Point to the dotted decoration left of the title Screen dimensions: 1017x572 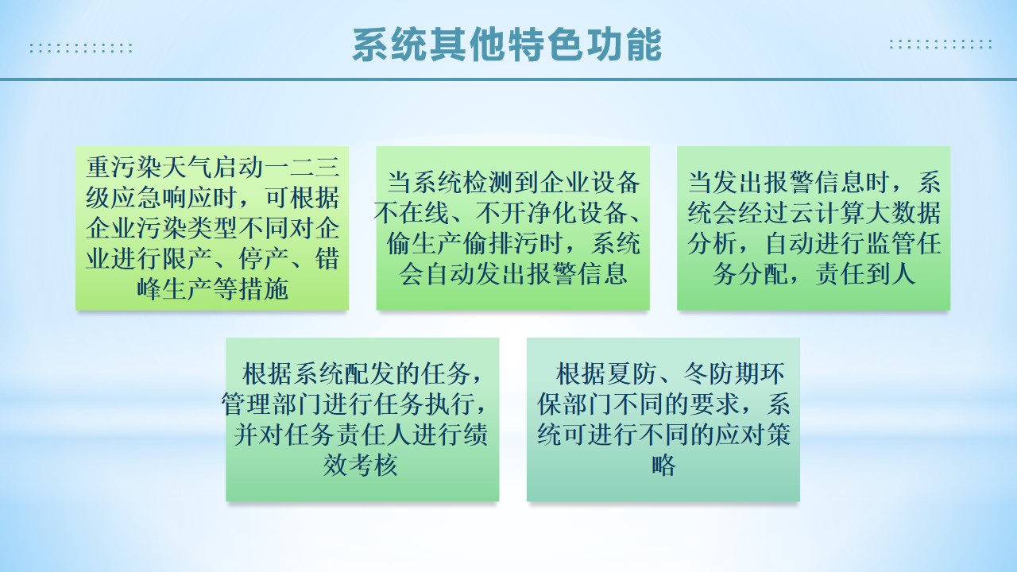[x=81, y=48]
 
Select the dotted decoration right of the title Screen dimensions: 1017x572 [x=941, y=44]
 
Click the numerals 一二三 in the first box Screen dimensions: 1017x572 [x=302, y=167]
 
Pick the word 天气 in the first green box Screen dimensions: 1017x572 [x=187, y=167]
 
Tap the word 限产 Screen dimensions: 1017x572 [x=187, y=259]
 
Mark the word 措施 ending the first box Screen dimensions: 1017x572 [x=263, y=290]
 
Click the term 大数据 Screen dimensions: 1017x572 [x=903, y=213]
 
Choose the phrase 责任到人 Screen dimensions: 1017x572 [x=864, y=274]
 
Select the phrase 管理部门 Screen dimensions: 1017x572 [x=272, y=404]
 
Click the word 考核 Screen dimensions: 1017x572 [x=373, y=466]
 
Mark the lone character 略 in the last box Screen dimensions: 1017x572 [x=663, y=466]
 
